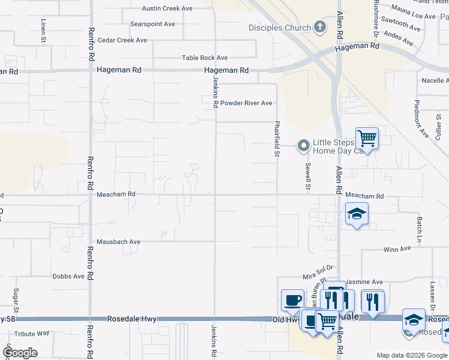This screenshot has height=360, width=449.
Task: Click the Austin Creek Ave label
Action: pos(167,8)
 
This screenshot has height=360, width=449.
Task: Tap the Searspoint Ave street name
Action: pos(152,24)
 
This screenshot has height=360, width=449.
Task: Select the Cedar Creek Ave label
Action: pos(122,40)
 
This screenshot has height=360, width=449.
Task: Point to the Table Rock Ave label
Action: pos(205,58)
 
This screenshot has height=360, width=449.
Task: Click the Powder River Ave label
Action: pos(246,103)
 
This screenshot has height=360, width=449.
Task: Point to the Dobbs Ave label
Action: pos(68,277)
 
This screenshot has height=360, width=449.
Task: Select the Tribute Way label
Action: pos(32,334)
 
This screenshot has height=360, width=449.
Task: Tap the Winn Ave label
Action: pos(397,248)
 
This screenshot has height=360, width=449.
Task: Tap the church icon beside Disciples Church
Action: pos(321,28)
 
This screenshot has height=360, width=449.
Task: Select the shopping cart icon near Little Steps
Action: pos(367,139)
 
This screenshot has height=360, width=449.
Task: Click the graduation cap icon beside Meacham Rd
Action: pos(357,214)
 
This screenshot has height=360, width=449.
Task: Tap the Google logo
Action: pos(20,353)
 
